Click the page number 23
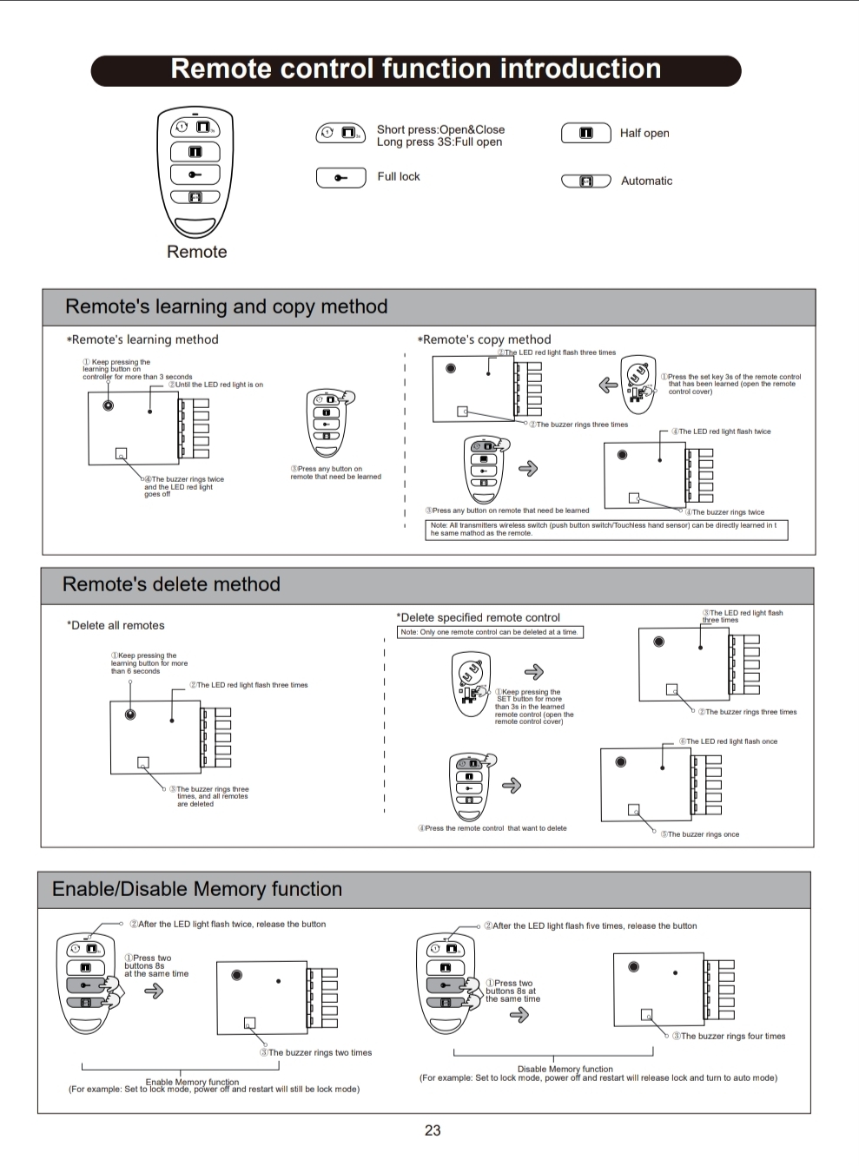(x=433, y=1130)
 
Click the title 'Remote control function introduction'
(x=415, y=69)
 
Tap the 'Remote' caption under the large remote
(x=197, y=252)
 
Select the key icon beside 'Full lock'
(x=340, y=177)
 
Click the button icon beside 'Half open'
(x=586, y=133)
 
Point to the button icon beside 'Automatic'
(x=586, y=181)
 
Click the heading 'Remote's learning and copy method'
(x=226, y=306)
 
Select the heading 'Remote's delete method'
(x=171, y=584)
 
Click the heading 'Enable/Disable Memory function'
(x=197, y=889)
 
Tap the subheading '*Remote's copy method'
(x=486, y=339)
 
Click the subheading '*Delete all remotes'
(x=117, y=625)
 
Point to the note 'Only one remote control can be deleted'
(x=490, y=632)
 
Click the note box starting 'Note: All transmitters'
(x=606, y=530)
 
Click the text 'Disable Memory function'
(x=565, y=1069)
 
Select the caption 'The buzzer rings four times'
(x=732, y=1036)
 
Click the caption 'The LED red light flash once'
(x=731, y=741)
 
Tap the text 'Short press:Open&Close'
(x=440, y=129)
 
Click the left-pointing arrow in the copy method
(x=608, y=385)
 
